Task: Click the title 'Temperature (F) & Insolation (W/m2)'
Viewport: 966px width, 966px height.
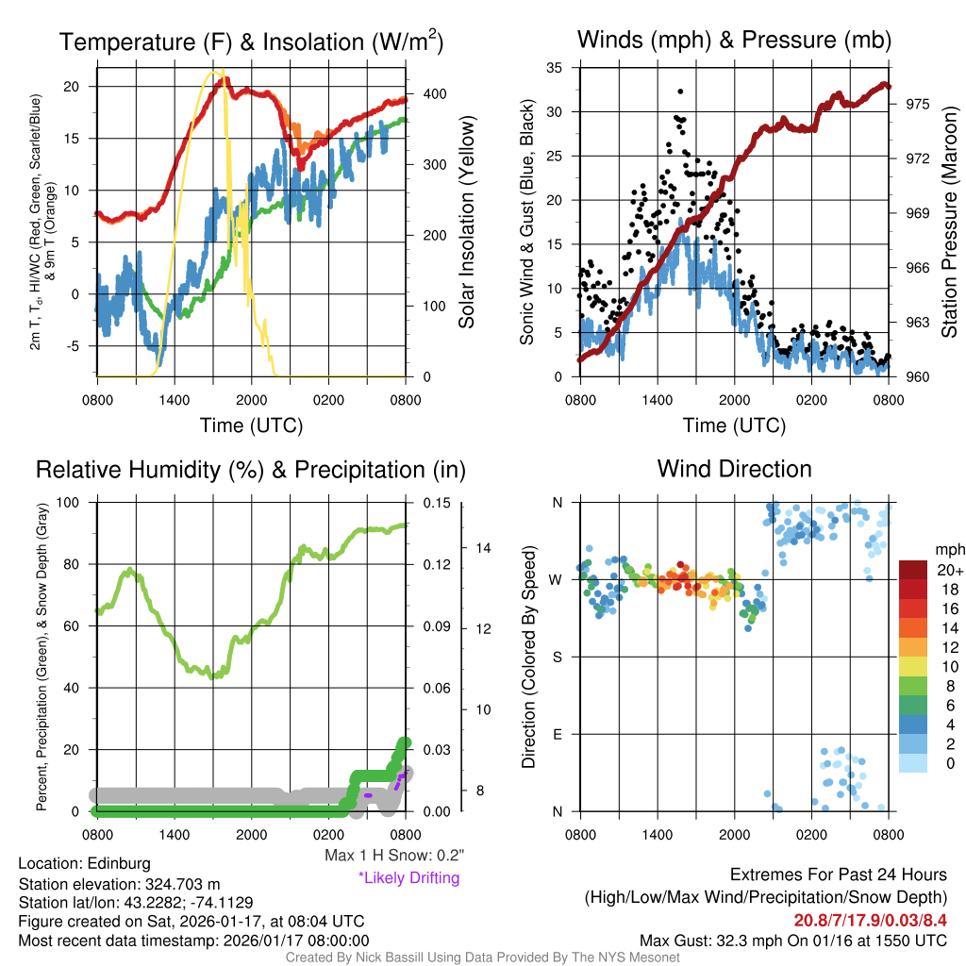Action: click(251, 42)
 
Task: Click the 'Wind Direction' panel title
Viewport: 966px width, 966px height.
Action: click(734, 469)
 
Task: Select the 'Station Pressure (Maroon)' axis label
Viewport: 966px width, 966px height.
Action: click(950, 222)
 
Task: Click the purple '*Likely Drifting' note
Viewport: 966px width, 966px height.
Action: click(408, 877)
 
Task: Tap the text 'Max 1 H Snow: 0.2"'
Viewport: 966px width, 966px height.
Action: click(393, 856)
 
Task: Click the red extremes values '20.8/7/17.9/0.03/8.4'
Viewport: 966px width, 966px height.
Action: click(869, 920)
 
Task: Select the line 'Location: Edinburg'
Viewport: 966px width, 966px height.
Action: click(84, 863)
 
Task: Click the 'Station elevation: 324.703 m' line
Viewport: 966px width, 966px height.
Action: click(119, 884)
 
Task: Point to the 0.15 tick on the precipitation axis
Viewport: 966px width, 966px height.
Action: click(436, 503)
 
